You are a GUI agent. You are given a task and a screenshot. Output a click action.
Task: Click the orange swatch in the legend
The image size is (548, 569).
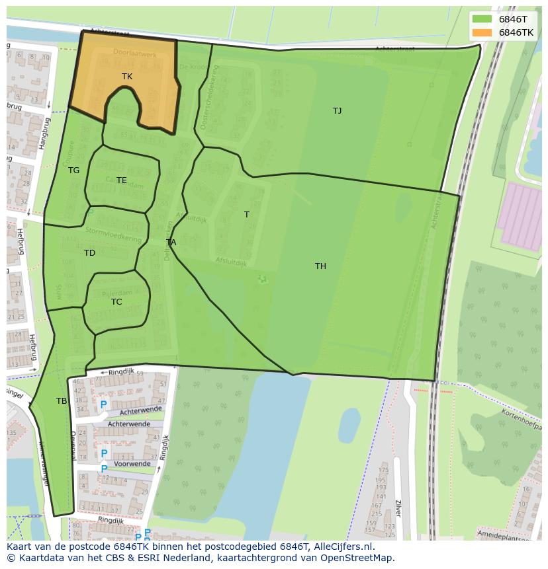(x=482, y=32)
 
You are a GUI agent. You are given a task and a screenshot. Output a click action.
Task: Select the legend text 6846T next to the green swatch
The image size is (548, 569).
(x=512, y=19)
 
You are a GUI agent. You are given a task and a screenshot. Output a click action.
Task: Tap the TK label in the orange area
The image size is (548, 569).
(x=127, y=77)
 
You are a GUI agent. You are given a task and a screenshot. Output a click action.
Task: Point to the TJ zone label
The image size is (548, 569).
(x=337, y=111)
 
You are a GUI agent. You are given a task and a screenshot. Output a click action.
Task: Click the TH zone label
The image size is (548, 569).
(x=320, y=266)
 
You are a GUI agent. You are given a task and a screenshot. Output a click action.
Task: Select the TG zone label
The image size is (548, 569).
(x=73, y=171)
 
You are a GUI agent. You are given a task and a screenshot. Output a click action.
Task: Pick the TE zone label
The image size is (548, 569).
(x=122, y=180)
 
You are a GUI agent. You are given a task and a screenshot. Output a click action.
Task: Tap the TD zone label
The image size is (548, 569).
(x=89, y=253)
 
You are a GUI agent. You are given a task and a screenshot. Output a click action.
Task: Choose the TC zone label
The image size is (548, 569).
(x=116, y=302)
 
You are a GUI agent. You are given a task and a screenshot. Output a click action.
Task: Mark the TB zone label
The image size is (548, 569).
(x=62, y=401)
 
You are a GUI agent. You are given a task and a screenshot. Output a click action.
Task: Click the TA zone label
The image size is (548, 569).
(x=171, y=243)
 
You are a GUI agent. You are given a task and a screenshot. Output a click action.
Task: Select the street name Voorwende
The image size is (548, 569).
(x=132, y=464)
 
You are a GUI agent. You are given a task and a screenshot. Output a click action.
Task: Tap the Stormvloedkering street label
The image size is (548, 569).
(x=113, y=235)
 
